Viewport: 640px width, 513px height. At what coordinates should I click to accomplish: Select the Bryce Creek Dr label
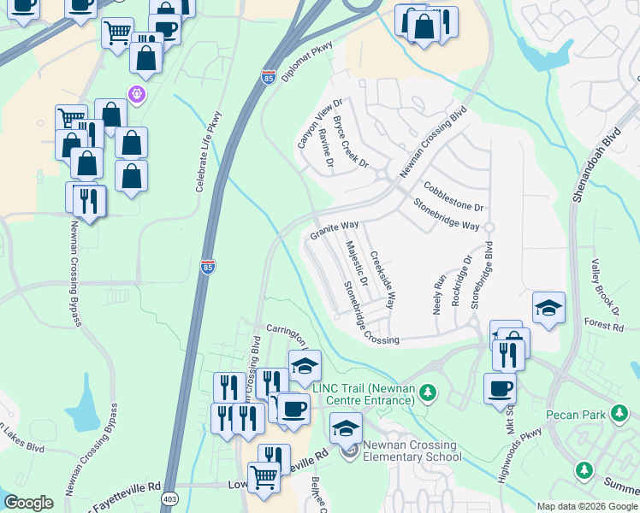pos(351,142)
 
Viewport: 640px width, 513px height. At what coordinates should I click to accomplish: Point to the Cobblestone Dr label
pos(453,195)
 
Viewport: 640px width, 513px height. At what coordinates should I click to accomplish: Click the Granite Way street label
pos(334,230)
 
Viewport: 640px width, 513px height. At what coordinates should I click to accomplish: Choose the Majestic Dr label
pos(357,262)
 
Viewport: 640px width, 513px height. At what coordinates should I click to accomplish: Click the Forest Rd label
pos(604,326)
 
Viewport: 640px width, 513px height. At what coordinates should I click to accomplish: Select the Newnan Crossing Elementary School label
pos(412,451)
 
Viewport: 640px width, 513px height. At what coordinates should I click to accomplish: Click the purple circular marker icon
pos(136,92)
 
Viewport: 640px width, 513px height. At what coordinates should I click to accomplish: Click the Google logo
pos(28,503)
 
